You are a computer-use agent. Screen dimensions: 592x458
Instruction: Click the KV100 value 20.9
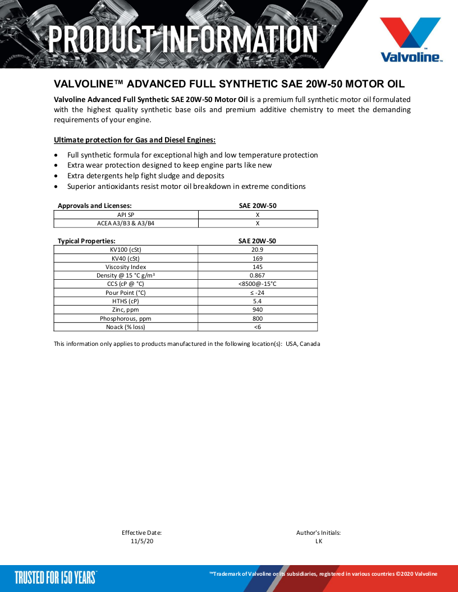coord(258,249)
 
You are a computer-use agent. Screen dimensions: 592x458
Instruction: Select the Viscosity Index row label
coord(126,267)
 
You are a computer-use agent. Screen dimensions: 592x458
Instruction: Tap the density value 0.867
coord(258,275)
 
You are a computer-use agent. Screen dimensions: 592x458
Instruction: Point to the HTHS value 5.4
coord(258,301)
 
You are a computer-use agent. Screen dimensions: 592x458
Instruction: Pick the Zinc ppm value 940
coord(258,309)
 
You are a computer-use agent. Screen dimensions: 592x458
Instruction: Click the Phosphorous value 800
coord(258,318)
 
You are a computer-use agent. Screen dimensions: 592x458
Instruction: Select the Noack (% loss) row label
coord(126,327)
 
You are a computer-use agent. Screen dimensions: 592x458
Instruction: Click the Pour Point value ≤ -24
coord(258,293)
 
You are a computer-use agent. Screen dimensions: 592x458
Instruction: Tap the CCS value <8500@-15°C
coord(258,284)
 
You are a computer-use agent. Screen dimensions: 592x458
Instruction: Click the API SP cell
coord(126,214)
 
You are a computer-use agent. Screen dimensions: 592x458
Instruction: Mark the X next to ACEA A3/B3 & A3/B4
coord(258,223)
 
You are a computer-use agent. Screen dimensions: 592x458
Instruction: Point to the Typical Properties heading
coord(86,240)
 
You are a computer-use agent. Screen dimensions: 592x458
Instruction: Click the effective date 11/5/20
coord(141,541)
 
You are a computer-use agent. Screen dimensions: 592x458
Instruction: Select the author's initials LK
coord(319,541)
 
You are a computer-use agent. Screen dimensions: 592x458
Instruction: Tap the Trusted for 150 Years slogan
coord(56,577)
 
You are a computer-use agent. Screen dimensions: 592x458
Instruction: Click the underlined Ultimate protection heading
coord(135,140)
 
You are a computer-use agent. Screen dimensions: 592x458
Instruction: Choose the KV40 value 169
coord(258,258)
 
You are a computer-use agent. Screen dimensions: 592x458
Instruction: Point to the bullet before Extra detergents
coord(56,176)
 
